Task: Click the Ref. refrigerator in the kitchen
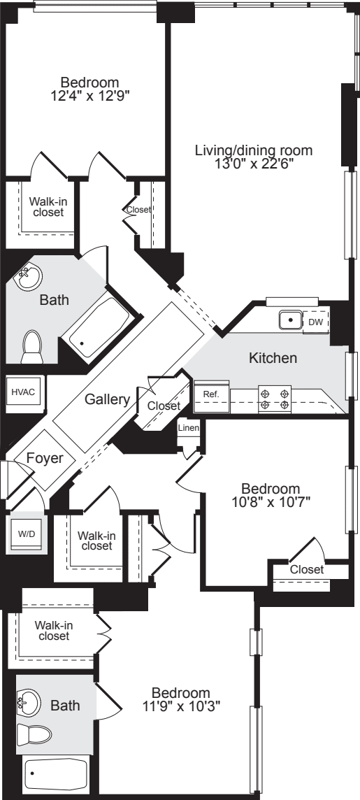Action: pos(210,394)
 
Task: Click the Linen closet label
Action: pos(187,428)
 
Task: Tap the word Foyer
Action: pos(45,459)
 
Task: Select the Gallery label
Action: pos(107,399)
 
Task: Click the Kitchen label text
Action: pos(273,358)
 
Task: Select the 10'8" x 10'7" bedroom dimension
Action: pos(271,501)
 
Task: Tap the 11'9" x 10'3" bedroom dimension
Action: pos(185,706)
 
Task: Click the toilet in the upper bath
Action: pos(31,347)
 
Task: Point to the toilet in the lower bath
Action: pos(35,734)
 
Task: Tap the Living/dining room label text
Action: pos(254,150)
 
